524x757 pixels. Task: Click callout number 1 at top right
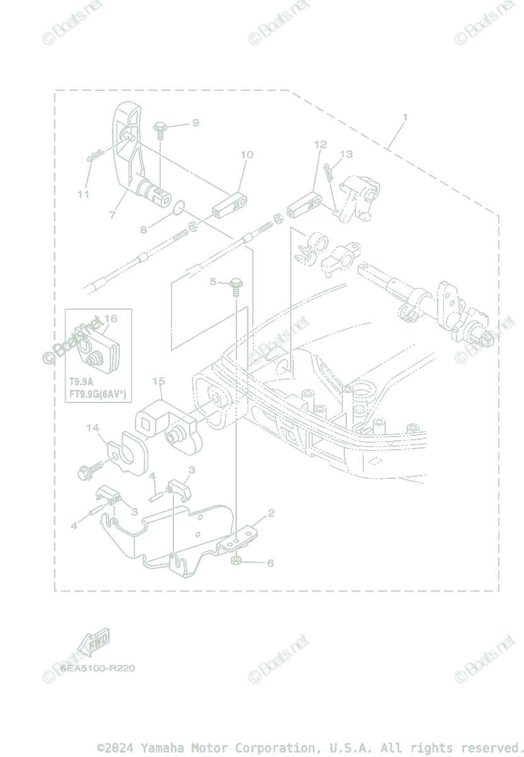point(405,117)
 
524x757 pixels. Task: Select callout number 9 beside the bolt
point(195,122)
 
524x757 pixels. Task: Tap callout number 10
point(247,155)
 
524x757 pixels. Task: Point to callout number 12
point(320,144)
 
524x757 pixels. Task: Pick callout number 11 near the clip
point(83,194)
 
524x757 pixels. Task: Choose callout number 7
point(112,215)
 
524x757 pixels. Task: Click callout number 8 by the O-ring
point(144,230)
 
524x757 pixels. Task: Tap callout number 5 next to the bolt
point(213,281)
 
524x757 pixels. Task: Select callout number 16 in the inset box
point(111,319)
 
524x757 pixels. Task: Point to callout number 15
point(158,381)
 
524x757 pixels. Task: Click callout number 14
point(93,428)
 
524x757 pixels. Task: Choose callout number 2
point(271,513)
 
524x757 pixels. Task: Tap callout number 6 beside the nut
point(271,563)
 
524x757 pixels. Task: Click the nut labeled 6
point(235,560)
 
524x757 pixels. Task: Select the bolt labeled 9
point(159,129)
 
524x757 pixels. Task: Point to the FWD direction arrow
point(93,643)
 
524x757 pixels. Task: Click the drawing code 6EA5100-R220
point(98,668)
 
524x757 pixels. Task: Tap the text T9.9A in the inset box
point(81,382)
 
